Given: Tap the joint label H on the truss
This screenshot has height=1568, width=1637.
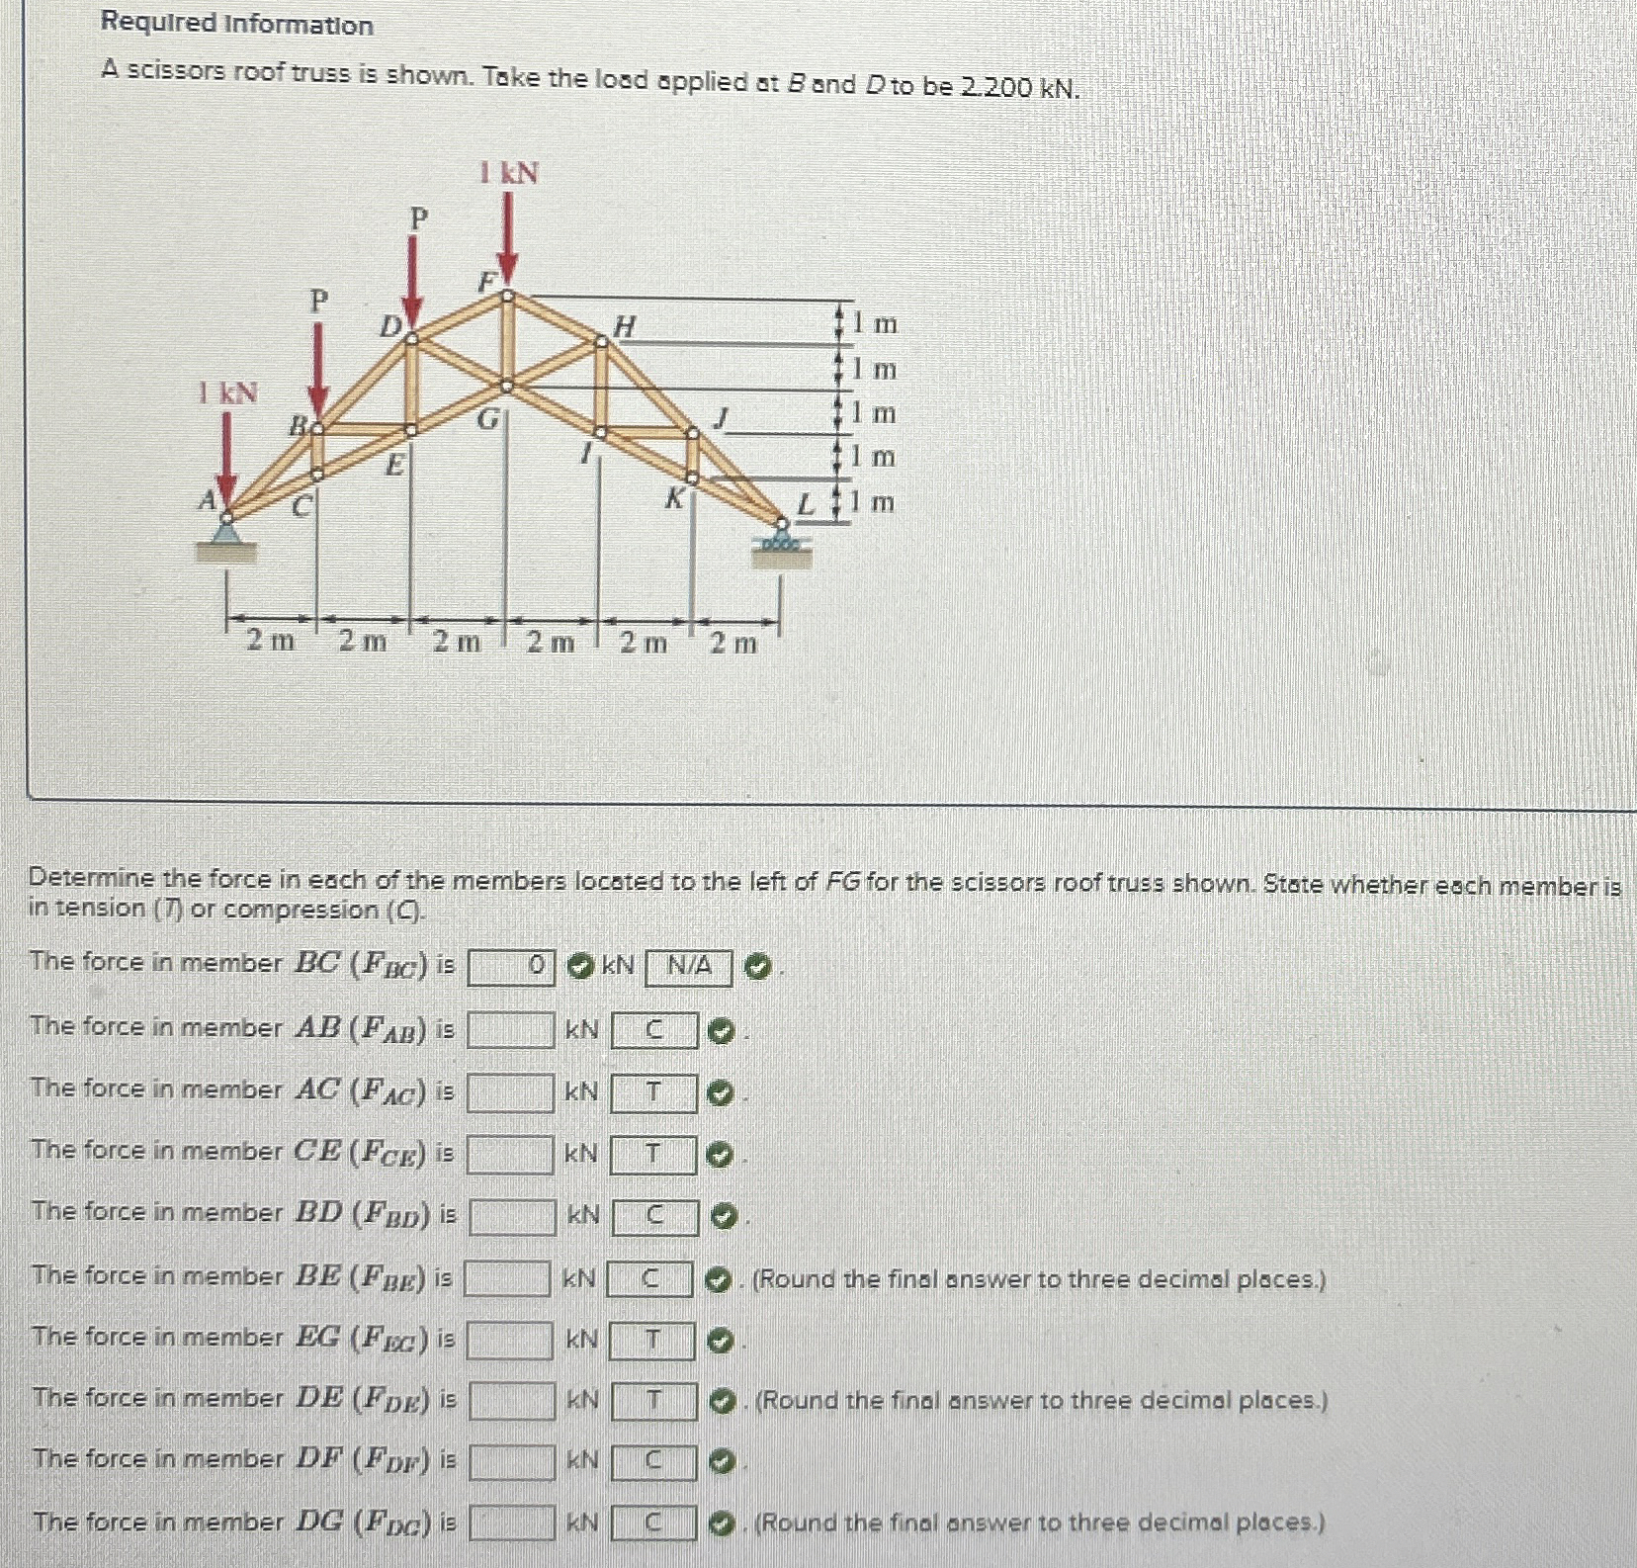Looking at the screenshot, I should (626, 325).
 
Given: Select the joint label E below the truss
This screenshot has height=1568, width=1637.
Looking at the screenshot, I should (394, 464).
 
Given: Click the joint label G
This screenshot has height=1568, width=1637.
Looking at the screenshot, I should (487, 419).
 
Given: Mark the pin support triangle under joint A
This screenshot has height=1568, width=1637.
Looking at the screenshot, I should (226, 534).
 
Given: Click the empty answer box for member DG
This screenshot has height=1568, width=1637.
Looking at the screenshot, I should (511, 1523).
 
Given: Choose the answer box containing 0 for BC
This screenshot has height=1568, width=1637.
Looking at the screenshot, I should (511, 968).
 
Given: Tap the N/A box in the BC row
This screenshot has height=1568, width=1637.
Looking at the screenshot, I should (688, 968).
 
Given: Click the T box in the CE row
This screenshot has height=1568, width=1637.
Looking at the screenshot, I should (653, 1155).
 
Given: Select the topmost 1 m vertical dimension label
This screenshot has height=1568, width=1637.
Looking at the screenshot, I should (875, 323).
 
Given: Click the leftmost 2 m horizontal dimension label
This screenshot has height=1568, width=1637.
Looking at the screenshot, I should (270, 642).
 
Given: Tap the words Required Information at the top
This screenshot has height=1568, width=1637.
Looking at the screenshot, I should (237, 25).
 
